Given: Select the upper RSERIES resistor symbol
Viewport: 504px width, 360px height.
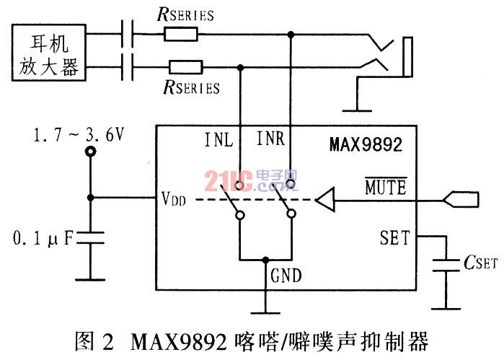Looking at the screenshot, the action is click(x=181, y=34).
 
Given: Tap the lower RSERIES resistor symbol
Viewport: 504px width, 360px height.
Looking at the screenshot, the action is click(x=186, y=67).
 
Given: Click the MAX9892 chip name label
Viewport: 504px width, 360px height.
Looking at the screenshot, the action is click(x=366, y=144).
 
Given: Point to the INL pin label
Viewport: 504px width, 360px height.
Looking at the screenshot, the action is click(x=218, y=140).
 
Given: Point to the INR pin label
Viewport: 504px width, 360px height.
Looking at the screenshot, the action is click(x=270, y=139).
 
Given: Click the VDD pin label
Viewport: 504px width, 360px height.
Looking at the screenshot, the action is click(x=174, y=198).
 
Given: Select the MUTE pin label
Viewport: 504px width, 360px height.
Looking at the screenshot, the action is click(x=386, y=187).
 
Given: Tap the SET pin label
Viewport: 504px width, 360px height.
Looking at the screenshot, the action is click(x=394, y=238).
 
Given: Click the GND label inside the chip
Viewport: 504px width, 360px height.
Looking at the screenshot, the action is click(x=286, y=276).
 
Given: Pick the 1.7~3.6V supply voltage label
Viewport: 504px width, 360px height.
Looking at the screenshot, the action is click(x=79, y=135).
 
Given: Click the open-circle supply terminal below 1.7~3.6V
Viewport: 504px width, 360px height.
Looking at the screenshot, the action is click(x=90, y=152).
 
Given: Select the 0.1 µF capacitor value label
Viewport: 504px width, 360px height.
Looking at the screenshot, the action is click(x=42, y=239).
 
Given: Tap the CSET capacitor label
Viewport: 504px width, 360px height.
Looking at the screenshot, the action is click(x=480, y=263).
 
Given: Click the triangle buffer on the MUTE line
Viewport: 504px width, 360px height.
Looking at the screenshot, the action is click(x=325, y=199).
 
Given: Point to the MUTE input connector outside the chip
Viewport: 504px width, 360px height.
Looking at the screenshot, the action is click(x=461, y=199).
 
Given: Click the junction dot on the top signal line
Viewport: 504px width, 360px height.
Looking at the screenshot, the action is click(x=291, y=34).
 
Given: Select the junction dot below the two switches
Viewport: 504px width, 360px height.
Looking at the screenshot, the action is click(x=265, y=260).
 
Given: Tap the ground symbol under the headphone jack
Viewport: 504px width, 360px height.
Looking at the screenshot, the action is click(x=357, y=110).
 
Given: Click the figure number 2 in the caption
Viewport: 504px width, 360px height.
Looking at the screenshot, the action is click(x=107, y=342).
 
